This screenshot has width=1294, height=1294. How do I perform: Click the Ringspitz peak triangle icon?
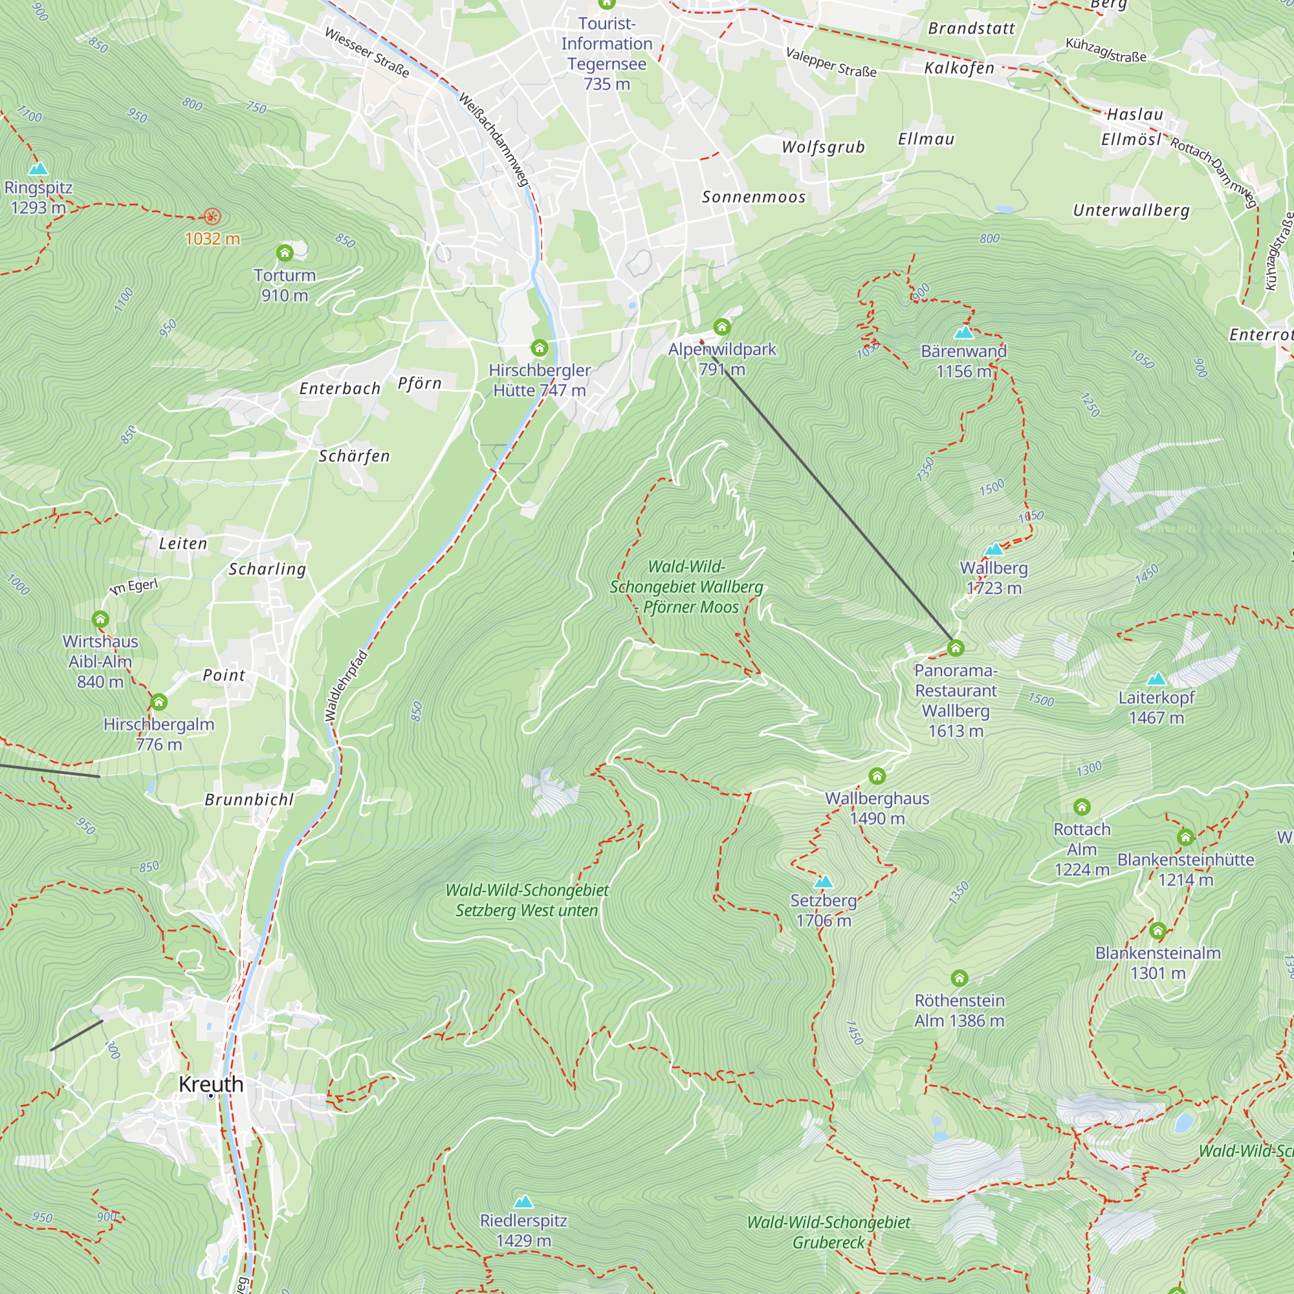[x=38, y=169]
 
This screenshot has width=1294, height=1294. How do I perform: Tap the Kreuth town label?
[x=210, y=1084]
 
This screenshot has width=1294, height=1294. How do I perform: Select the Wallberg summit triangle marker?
[x=994, y=549]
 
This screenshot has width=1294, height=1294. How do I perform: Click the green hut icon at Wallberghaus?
[x=877, y=776]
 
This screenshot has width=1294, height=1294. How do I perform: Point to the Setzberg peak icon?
[x=823, y=881]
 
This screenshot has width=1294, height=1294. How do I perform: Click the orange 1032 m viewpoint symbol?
[x=212, y=216]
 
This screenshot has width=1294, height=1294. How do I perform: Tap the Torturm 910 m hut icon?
[x=285, y=253]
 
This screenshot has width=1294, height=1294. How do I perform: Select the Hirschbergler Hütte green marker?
[x=539, y=348]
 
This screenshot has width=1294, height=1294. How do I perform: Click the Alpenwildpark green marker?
[x=721, y=327]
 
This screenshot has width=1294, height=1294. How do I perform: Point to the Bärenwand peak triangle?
[x=963, y=332]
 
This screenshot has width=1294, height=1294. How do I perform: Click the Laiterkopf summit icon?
[x=1156, y=679]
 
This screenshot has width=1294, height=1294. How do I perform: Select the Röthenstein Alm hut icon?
[x=959, y=978]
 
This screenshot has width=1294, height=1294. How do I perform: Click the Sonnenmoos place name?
[x=754, y=197]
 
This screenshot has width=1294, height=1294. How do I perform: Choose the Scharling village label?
[x=267, y=569]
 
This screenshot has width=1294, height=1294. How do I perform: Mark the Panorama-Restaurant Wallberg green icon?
[x=955, y=648]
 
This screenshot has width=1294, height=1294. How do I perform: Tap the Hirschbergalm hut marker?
[x=159, y=702]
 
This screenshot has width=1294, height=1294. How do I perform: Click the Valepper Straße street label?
[x=831, y=62]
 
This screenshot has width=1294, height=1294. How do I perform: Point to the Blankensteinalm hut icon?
[x=1157, y=931]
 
